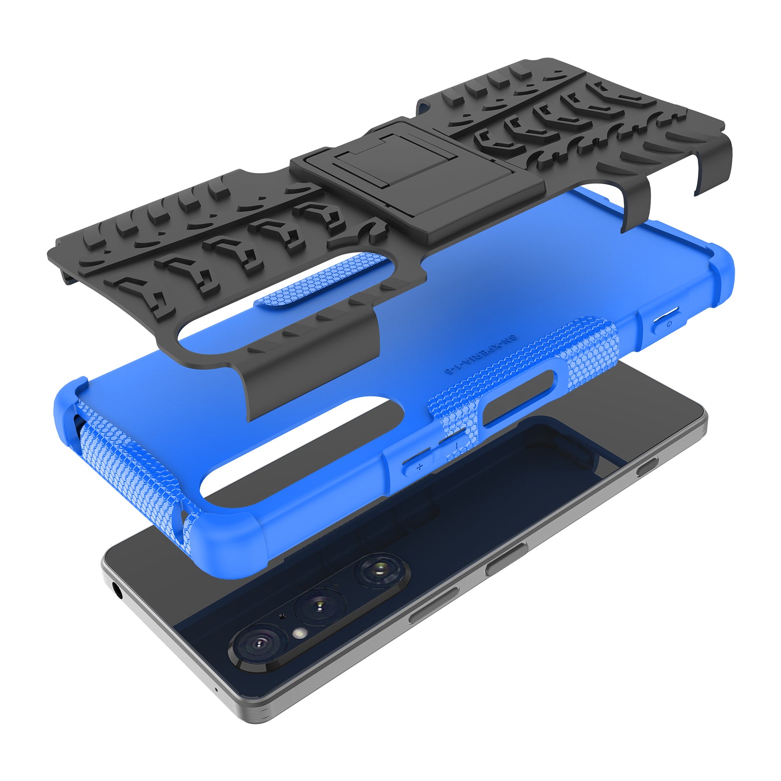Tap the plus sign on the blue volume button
419,467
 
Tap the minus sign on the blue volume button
455,446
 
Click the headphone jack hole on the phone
118,593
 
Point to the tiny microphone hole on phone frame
216,690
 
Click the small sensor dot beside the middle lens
282,616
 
